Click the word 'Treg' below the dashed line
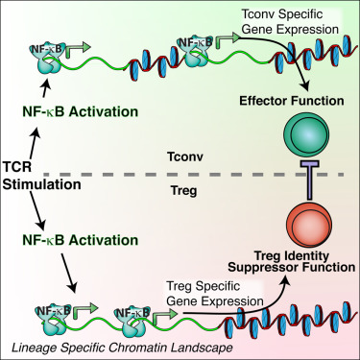pyautogui.click(x=176, y=190)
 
